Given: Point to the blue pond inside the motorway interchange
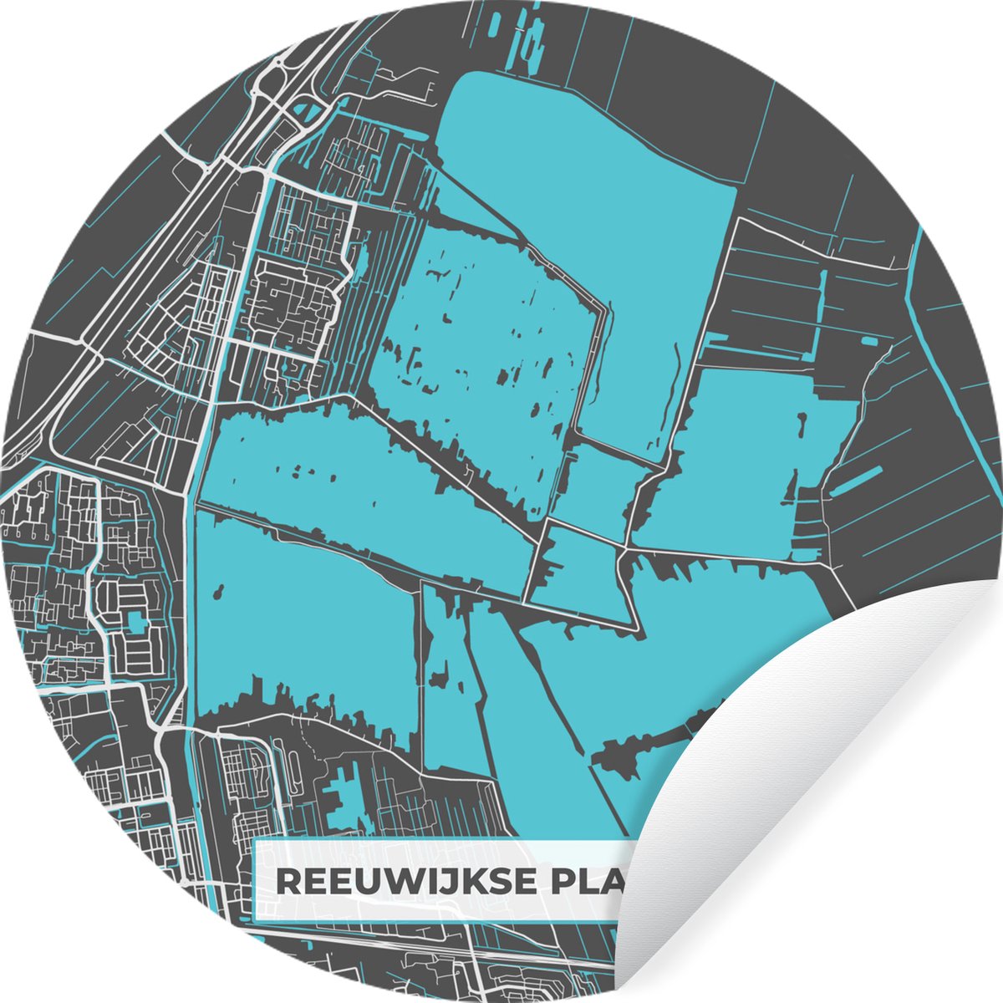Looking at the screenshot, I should (309, 108).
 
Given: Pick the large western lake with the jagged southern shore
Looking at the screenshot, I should (301, 619).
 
